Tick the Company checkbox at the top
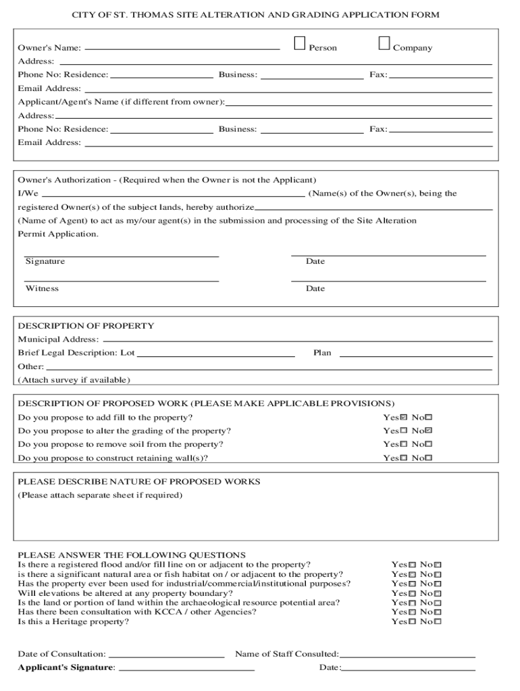[384, 44]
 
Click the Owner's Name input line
[182, 48]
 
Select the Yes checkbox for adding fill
[404, 418]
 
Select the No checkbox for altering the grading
[428, 431]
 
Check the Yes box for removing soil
[404, 445]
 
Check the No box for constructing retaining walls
[428, 458]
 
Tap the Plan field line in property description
[415, 354]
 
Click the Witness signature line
[122, 279]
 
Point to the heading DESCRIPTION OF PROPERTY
[86, 326]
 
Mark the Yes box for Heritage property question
[412, 621]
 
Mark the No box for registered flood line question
[438, 565]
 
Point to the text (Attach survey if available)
[74, 380]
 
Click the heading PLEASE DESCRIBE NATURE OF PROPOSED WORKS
[138, 482]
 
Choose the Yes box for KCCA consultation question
[412, 612]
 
